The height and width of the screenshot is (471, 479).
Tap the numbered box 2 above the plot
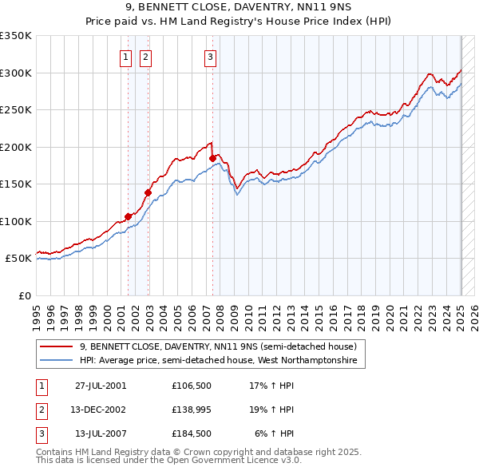(146, 57)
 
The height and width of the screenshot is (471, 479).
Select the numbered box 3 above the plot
(210, 57)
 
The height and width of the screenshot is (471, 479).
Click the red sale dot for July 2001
(128, 216)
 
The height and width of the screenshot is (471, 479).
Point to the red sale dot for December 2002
(148, 192)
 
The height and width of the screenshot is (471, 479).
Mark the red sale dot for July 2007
(212, 159)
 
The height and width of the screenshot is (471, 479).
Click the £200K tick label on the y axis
(16, 147)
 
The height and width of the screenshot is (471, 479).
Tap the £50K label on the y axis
(18, 259)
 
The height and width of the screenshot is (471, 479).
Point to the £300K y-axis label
(16, 73)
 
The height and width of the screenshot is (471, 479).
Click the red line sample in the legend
(56, 346)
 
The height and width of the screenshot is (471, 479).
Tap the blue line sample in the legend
(56, 361)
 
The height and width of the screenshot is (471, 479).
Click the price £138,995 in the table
(191, 410)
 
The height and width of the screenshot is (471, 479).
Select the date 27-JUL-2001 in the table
(100, 386)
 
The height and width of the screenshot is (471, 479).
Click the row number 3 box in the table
(42, 433)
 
